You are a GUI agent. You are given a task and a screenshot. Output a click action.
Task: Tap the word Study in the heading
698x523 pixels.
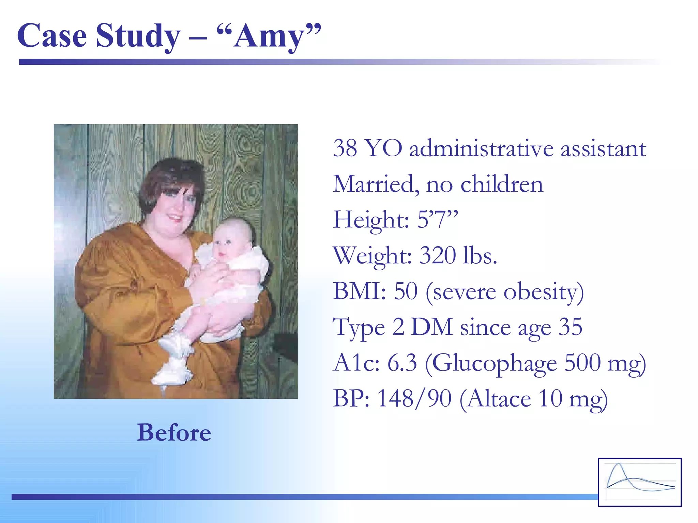click(x=138, y=37)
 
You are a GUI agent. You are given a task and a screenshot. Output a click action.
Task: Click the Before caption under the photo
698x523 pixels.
click(x=174, y=432)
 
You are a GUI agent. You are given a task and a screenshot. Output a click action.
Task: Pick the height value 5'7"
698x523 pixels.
click(x=437, y=220)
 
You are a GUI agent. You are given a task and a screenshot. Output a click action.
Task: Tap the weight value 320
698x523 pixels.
click(x=437, y=255)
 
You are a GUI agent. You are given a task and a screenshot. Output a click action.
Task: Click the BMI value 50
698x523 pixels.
click(x=406, y=291)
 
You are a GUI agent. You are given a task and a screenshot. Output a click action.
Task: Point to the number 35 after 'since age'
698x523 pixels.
click(x=571, y=327)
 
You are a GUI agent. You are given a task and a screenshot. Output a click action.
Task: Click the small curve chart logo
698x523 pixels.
click(x=640, y=482)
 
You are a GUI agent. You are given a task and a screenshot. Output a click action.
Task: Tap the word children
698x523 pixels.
click(x=502, y=184)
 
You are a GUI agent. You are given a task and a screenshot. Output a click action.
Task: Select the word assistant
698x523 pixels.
click(x=603, y=149)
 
